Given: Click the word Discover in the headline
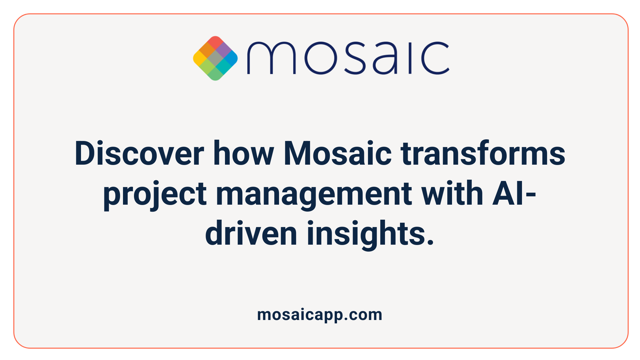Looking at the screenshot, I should coord(139,153).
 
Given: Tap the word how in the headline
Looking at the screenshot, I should coord(244,153).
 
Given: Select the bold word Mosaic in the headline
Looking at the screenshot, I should coord(337,153).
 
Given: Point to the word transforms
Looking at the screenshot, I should coord(483,153).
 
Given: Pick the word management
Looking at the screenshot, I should coord(314,194).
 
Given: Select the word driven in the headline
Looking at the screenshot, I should coord(251,233).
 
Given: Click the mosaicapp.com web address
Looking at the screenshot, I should coord(320,315).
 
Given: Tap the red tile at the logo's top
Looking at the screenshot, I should coord(215,43).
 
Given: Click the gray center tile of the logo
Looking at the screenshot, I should coord(215,59).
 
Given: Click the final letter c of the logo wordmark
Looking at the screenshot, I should coord(435,58).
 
